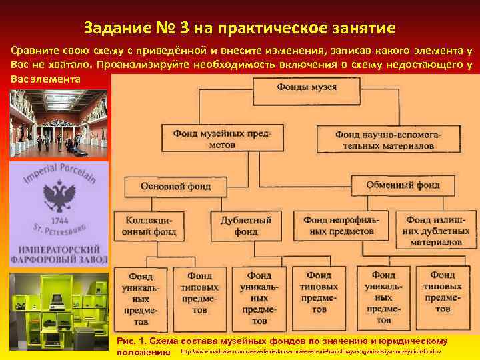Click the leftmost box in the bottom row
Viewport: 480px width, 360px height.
click(141, 293)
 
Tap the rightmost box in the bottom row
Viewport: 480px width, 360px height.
click(443, 293)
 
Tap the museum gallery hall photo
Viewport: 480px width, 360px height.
click(58, 123)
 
